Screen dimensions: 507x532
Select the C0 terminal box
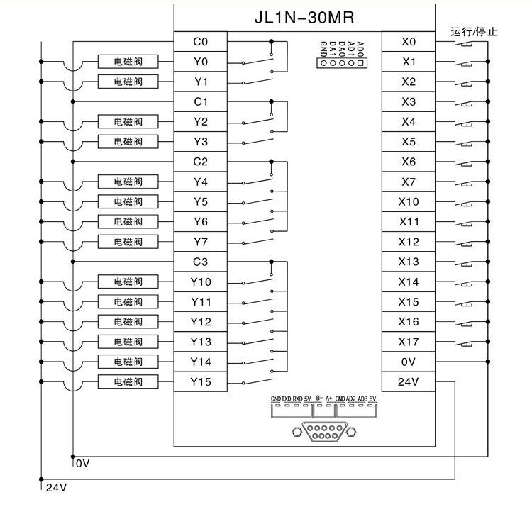(200, 42)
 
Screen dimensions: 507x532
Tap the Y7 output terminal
(200, 242)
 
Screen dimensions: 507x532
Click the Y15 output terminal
(200, 382)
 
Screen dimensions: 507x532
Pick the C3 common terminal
(200, 262)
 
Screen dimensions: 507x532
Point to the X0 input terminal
(408, 42)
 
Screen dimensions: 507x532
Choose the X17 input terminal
(408, 342)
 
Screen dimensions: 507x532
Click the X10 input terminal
(408, 202)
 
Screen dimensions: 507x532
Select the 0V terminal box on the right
(408, 362)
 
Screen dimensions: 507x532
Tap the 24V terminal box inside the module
(408, 382)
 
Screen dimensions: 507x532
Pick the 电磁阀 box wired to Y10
(128, 282)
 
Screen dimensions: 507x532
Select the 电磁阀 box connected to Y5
(128, 202)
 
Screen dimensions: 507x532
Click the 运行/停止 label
(475, 31)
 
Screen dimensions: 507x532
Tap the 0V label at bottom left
(83, 464)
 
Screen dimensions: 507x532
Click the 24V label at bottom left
(56, 489)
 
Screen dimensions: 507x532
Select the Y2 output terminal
(200, 122)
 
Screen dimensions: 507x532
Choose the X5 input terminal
(408, 142)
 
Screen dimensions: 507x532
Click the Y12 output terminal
(200, 322)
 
